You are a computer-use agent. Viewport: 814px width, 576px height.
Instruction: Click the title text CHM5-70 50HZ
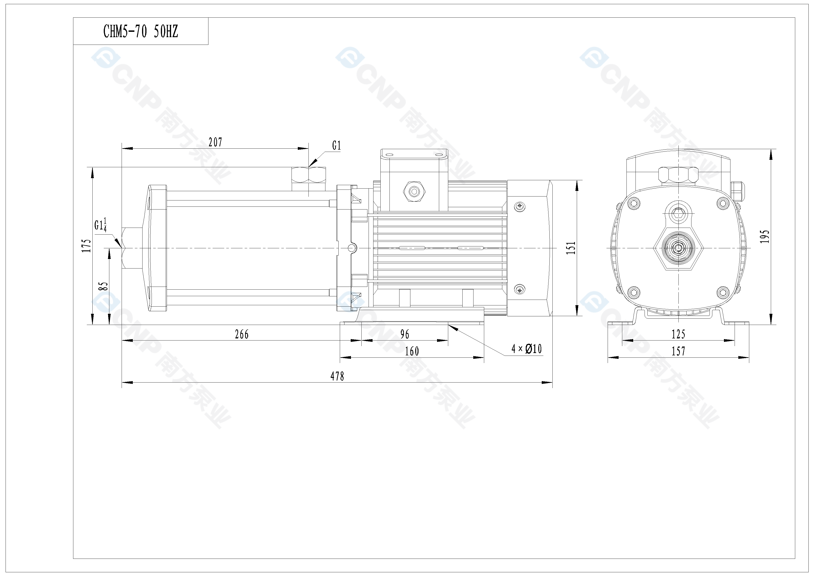pyautogui.click(x=140, y=32)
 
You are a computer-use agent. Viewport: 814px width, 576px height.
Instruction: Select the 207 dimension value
pyautogui.click(x=215, y=142)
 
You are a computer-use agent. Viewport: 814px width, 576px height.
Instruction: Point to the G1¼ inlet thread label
pyautogui.click(x=100, y=225)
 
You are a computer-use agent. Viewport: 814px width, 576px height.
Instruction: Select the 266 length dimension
pyautogui.click(x=242, y=334)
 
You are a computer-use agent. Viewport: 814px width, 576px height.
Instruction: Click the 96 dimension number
pyautogui.click(x=405, y=334)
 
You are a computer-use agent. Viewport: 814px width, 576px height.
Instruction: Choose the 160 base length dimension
pyautogui.click(x=412, y=351)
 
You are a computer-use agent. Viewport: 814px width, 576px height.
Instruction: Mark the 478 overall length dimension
pyautogui.click(x=337, y=376)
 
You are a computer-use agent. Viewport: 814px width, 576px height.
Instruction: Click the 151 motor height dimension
pyautogui.click(x=571, y=248)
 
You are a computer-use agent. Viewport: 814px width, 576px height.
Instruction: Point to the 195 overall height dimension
pyautogui.click(x=765, y=237)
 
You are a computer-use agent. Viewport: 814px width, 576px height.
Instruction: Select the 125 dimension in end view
pyautogui.click(x=678, y=334)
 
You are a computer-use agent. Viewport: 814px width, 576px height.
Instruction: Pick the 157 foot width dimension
pyautogui.click(x=678, y=351)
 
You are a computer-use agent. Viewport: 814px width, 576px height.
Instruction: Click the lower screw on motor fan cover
pyautogui.click(x=520, y=290)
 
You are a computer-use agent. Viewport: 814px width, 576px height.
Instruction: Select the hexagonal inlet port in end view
pyautogui.click(x=678, y=248)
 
